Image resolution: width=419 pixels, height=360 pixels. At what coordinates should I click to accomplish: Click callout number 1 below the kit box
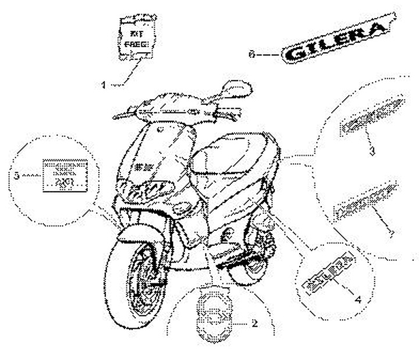[x=104, y=85]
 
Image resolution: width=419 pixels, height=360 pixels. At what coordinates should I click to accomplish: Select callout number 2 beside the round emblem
[x=254, y=324]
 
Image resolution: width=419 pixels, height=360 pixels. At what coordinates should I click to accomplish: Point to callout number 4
[x=357, y=300]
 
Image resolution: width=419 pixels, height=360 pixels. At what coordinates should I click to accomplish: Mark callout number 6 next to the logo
[x=251, y=55]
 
